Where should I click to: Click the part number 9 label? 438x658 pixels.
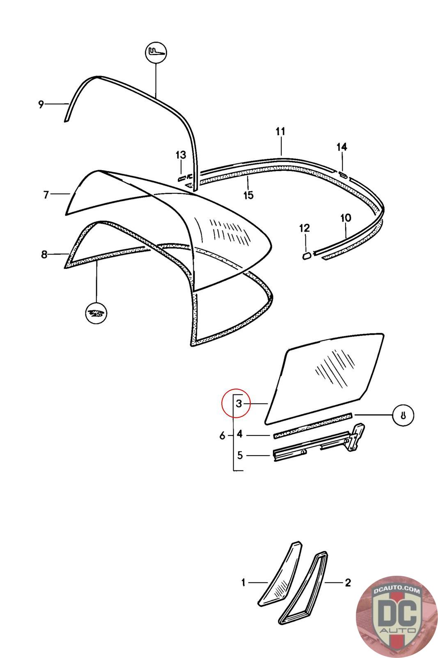coord(41,104)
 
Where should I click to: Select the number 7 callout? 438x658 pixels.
coord(46,195)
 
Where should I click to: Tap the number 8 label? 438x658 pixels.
coord(44,255)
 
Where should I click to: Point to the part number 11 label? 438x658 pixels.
coord(280,132)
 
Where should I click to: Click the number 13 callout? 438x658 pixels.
coord(181,155)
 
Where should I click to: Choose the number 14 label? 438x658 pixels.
coord(342,147)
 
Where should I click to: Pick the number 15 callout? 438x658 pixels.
coord(249,195)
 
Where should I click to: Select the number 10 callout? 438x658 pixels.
coord(346,218)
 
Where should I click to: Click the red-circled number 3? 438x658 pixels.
coord(240,404)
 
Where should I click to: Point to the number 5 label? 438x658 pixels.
coord(240,455)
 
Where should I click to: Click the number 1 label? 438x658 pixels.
coord(243,582)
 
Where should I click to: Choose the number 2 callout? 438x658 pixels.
coord(348,582)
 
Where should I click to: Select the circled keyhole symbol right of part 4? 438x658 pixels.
coord(403,415)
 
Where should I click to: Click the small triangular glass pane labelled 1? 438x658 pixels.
coord(280,574)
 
